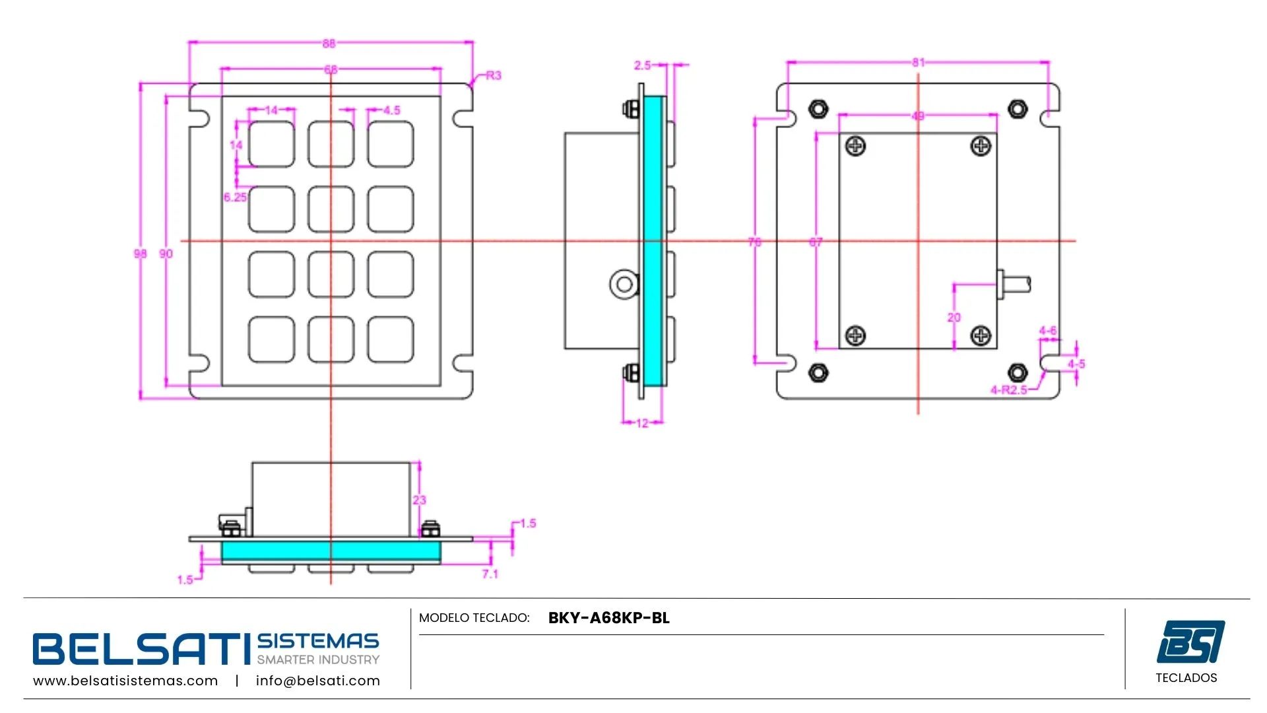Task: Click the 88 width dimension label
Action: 329,44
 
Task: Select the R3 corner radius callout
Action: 493,76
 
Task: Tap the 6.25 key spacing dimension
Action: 235,197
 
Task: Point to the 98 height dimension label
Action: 140,254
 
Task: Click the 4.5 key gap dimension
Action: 391,110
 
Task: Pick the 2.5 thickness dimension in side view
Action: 642,65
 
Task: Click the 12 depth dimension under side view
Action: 642,423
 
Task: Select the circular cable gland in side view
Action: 624,285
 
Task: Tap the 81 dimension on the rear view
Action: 918,63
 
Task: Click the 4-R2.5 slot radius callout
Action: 1008,390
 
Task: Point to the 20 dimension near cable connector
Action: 954,318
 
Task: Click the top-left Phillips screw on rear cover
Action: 856,146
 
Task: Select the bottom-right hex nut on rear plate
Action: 1018,372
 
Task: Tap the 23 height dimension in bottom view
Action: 420,500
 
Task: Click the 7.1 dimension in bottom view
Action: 490,574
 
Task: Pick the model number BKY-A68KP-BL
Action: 608,618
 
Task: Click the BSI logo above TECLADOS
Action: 1190,641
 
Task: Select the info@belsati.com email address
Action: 317,681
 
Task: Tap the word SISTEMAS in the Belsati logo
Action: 317,641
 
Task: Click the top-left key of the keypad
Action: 271,144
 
